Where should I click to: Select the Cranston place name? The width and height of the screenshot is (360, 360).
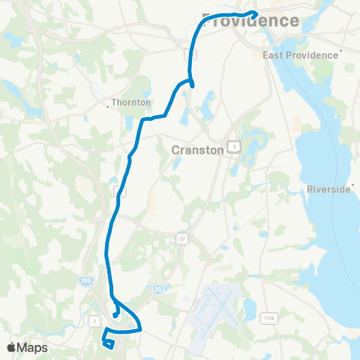(198, 149)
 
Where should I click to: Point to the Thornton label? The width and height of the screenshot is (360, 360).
(130, 103)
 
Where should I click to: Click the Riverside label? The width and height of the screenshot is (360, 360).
(329, 190)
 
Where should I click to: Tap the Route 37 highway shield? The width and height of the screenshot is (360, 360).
(181, 238)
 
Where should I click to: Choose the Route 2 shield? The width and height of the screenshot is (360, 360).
(94, 300)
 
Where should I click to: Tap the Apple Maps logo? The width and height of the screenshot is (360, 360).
(27, 347)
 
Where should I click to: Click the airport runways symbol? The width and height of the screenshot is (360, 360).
(215, 307)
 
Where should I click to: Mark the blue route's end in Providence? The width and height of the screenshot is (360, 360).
(256, 13)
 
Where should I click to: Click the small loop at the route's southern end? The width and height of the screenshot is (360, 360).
(108, 343)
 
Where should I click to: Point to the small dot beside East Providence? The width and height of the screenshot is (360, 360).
(341, 52)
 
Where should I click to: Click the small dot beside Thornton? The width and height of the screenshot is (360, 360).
(109, 107)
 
